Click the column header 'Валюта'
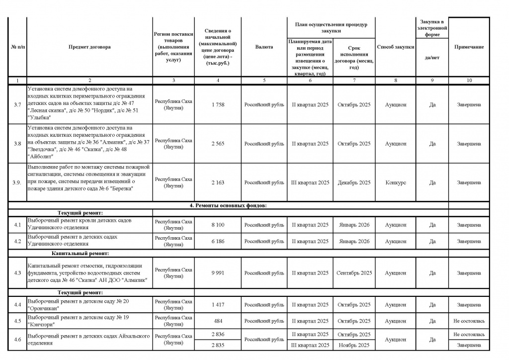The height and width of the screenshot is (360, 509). [264, 47]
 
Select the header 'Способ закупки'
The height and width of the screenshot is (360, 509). [395, 47]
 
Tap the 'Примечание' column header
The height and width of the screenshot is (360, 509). [469, 47]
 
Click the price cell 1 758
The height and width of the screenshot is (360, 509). [218, 105]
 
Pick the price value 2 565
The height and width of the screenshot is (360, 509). [218, 144]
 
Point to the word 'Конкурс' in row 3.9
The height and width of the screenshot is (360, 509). [395, 182]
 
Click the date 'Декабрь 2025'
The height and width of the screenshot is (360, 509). [354, 182]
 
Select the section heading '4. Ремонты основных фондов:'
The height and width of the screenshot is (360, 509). [229, 205]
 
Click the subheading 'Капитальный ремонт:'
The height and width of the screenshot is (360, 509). [76, 254]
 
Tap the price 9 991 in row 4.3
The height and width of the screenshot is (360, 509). [218, 273]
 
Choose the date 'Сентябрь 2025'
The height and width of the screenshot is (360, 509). [354, 273]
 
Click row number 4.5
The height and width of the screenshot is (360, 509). [17, 321]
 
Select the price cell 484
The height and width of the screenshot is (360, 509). [218, 321]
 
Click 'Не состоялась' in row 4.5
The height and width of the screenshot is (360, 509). [469, 321]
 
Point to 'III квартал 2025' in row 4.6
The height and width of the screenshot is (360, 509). [310, 345]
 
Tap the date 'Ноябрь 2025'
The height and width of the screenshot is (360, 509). [354, 345]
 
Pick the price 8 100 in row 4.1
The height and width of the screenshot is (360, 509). [218, 225]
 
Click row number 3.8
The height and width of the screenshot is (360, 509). [17, 144]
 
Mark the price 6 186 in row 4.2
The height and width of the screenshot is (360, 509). [218, 241]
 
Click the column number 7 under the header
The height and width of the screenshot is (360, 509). [354, 81]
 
